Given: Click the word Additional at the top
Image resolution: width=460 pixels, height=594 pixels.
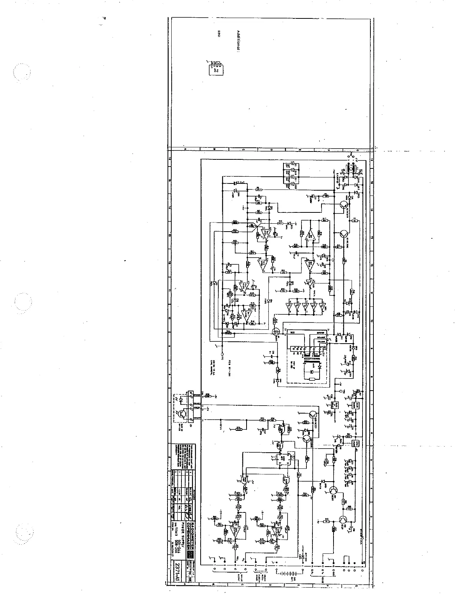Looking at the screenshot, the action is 238,41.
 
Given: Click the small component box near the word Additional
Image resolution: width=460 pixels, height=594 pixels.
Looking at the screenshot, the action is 216,68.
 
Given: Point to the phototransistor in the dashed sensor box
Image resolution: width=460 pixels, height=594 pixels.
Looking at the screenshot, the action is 182,414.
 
